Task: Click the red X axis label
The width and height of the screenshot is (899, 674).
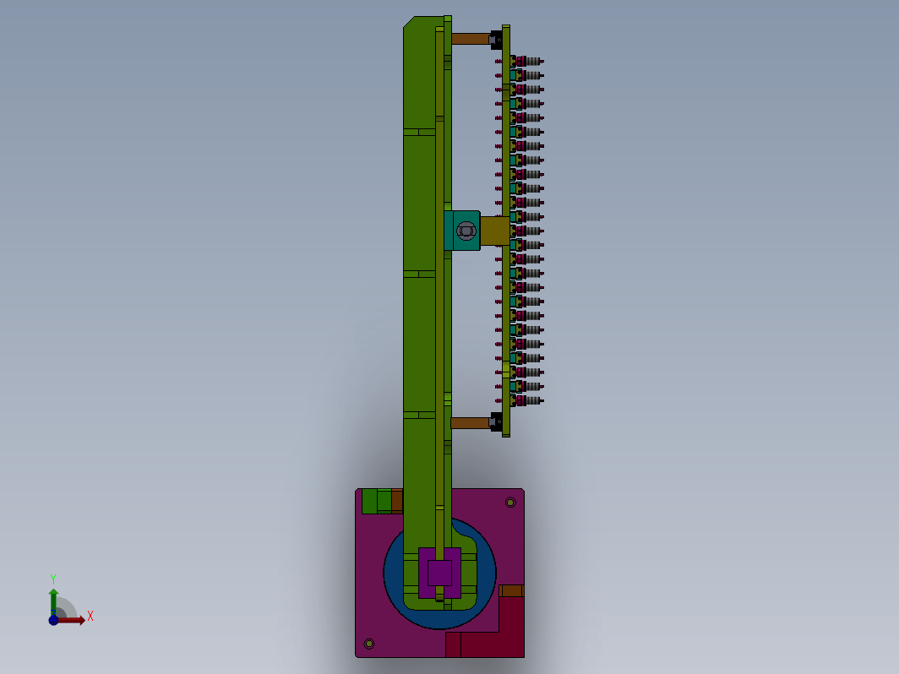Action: (90, 617)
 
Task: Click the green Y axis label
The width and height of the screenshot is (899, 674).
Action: (52, 579)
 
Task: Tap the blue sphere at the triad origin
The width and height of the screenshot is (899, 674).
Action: (53, 620)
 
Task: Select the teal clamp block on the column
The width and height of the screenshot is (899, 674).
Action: (462, 231)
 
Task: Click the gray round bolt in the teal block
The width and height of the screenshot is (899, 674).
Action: (466, 231)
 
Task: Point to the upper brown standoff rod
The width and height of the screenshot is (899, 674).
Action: (470, 39)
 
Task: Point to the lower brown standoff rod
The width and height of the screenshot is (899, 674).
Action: (470, 423)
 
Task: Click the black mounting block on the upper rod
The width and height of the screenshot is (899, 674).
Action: (496, 40)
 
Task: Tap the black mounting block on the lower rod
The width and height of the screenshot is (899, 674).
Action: (496, 422)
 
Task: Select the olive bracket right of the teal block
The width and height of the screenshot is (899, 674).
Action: (494, 231)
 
